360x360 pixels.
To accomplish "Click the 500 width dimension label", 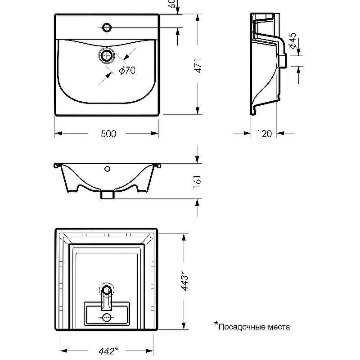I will [108, 134].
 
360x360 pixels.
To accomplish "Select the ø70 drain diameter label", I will [127, 70].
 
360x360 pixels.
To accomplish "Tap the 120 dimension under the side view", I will [264, 134].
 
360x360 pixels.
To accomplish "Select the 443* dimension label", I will [184, 281].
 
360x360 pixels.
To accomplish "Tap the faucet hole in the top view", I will [107, 28].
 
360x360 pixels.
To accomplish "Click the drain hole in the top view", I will [107, 56].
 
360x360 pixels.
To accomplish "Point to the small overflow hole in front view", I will [107, 169].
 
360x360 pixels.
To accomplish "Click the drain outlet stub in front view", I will [107, 194].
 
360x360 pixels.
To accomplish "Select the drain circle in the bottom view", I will [107, 290].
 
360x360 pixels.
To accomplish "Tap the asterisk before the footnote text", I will [216, 324].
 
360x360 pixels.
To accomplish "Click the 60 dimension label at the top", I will [171, 5].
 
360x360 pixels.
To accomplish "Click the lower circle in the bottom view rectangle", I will [107, 317].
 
